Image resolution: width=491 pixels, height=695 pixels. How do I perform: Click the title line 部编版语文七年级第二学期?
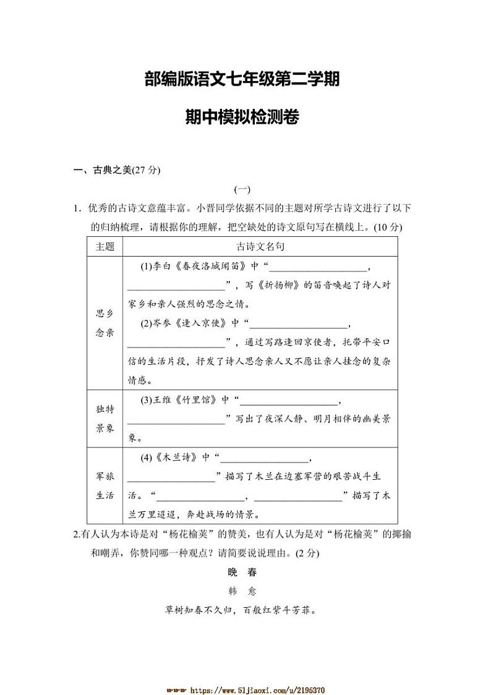tap(242, 80)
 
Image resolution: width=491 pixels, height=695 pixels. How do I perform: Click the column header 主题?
tap(105, 246)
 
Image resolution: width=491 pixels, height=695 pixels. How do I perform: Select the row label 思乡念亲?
tap(105, 323)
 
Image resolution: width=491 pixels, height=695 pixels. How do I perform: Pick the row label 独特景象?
tap(105, 419)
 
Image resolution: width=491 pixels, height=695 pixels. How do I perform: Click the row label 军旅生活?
tap(105, 486)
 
